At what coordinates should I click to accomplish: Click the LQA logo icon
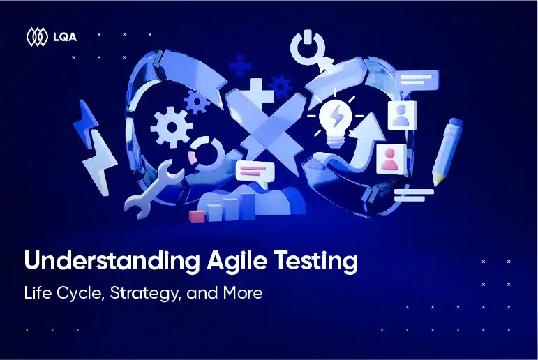coord(37,37)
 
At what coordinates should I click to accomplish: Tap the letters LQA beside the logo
coord(65,37)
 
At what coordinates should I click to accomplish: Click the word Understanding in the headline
coord(112,262)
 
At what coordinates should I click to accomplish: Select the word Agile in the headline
coord(237,262)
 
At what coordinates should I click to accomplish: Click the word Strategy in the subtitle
coord(145,294)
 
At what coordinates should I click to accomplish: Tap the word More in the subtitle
coord(243,293)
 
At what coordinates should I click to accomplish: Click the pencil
coord(447,151)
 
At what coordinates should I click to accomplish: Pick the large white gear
coord(172,127)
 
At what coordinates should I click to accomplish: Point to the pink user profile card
coord(391,158)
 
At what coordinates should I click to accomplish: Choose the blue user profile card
coord(402,115)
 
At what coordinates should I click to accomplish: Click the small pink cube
coord(197,216)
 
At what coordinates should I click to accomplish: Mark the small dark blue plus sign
coord(240,66)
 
